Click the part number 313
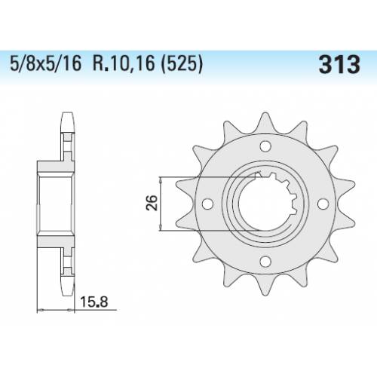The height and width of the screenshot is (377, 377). click(339, 65)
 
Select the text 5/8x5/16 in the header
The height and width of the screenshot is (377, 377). click(46, 64)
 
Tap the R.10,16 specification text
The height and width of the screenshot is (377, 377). click(124, 64)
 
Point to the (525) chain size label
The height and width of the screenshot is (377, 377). click(182, 64)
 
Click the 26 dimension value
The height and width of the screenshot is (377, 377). click(152, 203)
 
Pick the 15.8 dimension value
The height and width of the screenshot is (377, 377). click(94, 302)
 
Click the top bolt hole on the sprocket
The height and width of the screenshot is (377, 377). click(265, 146)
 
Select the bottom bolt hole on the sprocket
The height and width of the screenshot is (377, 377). click(265, 261)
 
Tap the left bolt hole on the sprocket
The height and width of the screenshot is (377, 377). click(207, 204)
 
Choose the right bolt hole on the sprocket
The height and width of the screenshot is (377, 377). click(323, 204)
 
